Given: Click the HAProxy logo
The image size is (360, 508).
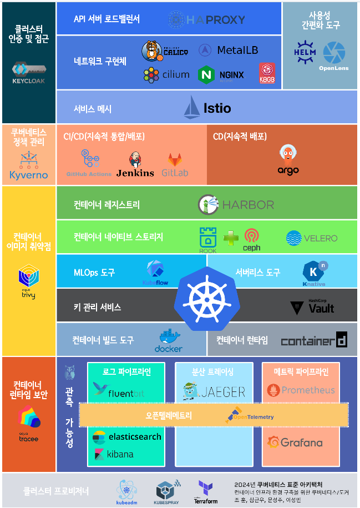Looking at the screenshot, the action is pyautogui.click(x=206, y=20).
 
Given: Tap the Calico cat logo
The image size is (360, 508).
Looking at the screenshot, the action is pyautogui.click(x=152, y=50).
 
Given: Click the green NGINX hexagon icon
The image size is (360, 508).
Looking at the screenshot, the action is pyautogui.click(x=206, y=74).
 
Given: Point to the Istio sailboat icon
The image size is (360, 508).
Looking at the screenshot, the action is pyautogui.click(x=192, y=107).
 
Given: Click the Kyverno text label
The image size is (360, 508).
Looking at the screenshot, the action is pyautogui.click(x=29, y=175).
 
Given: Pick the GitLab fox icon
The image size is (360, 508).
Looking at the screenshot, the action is pyautogui.click(x=175, y=161).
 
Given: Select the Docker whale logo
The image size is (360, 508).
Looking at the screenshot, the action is pyautogui.click(x=168, y=338).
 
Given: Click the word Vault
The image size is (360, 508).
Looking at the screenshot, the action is pyautogui.click(x=321, y=309).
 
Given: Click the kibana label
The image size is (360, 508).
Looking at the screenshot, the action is pyautogui.click(x=120, y=454).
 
